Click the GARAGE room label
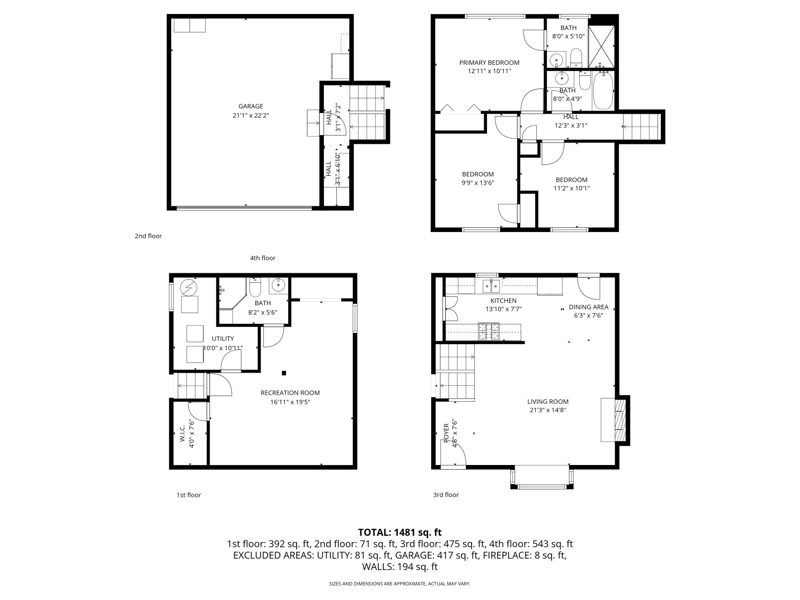coord(251,106)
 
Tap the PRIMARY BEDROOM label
coord(489,63)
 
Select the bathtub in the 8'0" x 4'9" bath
coord(603,90)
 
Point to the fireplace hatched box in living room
coord(620,420)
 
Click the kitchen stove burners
coord(489,331)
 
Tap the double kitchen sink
coord(491,285)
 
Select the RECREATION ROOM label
coord(290,393)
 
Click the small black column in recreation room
coord(284,373)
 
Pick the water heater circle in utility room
coord(189,287)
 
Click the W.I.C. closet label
coord(182,434)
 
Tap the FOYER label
coord(446,433)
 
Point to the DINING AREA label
coord(589,307)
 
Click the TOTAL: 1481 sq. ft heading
coord(400,532)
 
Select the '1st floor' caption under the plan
coord(189,495)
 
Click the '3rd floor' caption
coord(446,495)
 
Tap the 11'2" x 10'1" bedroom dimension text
coord(572,188)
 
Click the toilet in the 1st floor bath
coord(255,287)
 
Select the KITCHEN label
coord(503,301)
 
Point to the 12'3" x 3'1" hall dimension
coord(571,126)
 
